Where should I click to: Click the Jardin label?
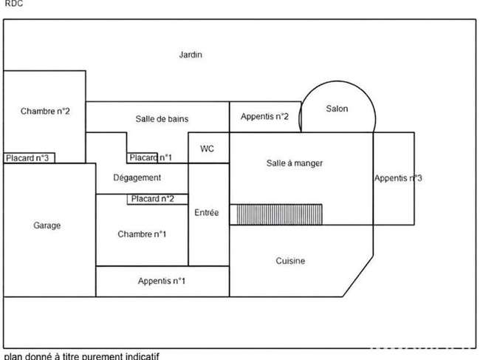point(191,55)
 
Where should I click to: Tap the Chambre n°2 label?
point(45,111)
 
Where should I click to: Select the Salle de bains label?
point(162,119)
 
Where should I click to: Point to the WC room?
point(208,148)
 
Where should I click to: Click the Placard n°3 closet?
point(29,157)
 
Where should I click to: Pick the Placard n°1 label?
point(151,157)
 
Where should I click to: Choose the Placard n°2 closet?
point(157,199)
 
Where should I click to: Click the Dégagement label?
point(137,177)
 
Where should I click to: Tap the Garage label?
point(47,225)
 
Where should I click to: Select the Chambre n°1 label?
point(142,234)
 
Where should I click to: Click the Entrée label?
point(207,212)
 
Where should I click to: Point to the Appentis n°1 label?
point(162,281)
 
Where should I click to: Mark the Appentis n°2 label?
point(264,116)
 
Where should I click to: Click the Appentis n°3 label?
point(398,178)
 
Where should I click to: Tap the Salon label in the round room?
point(337,109)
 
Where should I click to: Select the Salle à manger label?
point(295,163)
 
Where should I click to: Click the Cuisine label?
point(290,261)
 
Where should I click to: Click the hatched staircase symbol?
point(279,214)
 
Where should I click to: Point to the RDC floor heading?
point(14,4)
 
